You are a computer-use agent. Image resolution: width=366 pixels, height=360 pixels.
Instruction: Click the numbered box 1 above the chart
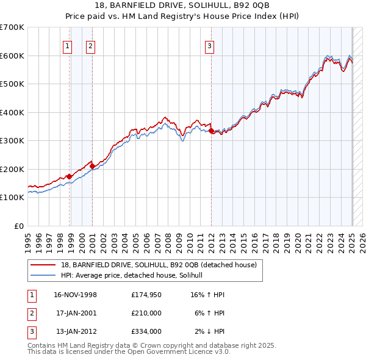click(x=67, y=45)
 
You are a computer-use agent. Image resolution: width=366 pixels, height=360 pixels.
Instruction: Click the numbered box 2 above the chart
click(x=90, y=45)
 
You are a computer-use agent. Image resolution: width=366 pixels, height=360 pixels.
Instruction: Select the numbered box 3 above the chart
click(x=209, y=45)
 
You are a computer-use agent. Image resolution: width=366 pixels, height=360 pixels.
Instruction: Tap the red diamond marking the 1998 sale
click(x=70, y=176)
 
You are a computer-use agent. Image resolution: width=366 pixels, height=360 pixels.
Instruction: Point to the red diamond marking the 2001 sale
click(x=92, y=165)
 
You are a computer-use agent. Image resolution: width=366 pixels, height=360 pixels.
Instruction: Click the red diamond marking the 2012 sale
click(x=211, y=131)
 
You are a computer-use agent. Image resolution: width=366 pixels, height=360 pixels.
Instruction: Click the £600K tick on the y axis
click(x=12, y=56)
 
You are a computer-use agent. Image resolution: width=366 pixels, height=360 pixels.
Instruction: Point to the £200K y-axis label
click(x=12, y=169)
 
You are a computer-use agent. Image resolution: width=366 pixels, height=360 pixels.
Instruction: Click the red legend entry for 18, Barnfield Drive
click(x=159, y=265)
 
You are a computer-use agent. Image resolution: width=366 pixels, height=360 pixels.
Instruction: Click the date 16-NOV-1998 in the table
click(x=76, y=295)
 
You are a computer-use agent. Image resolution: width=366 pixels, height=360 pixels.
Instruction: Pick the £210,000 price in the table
click(x=146, y=313)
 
